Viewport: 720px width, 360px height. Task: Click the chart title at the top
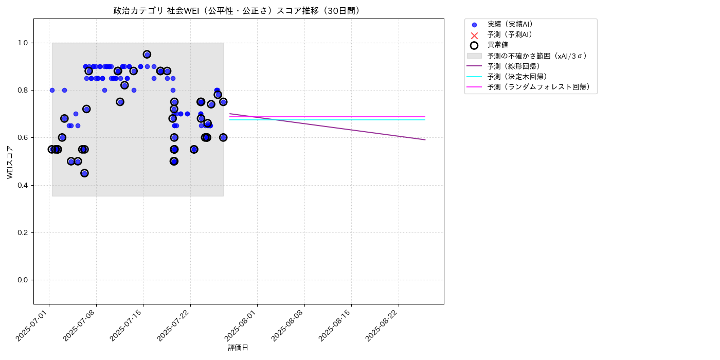click(238, 11)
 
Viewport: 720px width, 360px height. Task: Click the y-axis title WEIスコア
click(10, 162)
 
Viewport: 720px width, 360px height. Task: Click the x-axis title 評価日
click(238, 348)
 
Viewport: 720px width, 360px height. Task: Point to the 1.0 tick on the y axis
click(24, 43)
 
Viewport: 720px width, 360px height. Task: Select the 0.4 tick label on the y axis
click(24, 185)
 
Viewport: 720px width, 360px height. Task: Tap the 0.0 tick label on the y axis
click(24, 280)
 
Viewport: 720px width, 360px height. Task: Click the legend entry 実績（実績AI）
click(509, 24)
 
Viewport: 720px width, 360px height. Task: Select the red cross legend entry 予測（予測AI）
click(509, 34)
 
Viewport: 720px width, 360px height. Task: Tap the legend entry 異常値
click(497, 45)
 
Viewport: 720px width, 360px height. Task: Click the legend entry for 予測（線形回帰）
click(513, 66)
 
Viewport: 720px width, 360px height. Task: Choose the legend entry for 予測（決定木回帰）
click(513, 77)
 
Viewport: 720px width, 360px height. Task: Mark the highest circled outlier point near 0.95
click(147, 54)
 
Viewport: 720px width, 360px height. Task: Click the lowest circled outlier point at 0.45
click(84, 173)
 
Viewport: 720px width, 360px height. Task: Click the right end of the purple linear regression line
click(425, 140)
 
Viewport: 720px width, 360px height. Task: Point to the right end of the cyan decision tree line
click(425, 120)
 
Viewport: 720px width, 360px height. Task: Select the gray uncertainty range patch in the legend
click(474, 56)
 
